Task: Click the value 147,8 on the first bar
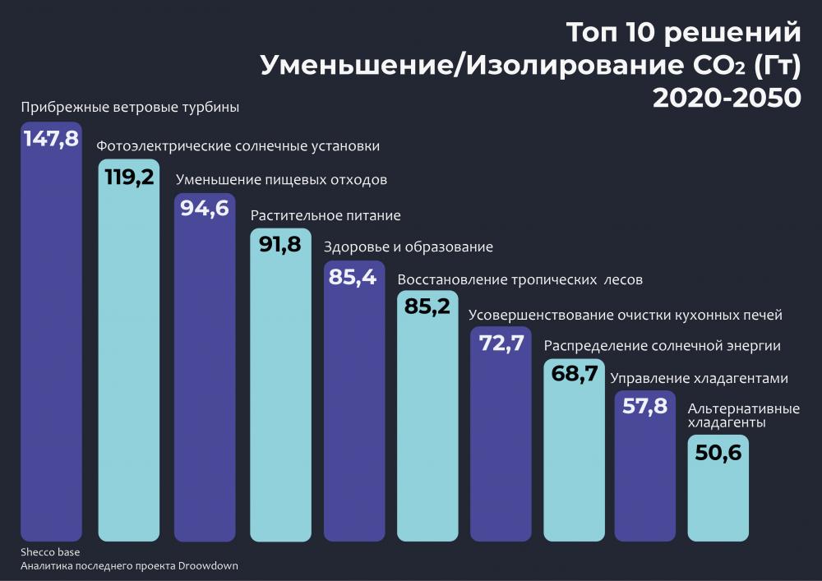(51, 138)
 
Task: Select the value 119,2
(127, 176)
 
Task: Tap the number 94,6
(205, 209)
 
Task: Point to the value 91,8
(279, 244)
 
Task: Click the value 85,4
(352, 277)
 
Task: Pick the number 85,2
(427, 307)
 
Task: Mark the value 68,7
(573, 375)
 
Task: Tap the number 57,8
(644, 406)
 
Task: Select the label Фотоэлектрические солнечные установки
(238, 146)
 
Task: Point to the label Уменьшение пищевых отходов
(282, 180)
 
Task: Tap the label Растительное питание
(326, 215)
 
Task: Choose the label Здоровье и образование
(409, 247)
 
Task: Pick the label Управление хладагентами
(699, 379)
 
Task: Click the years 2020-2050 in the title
(726, 97)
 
